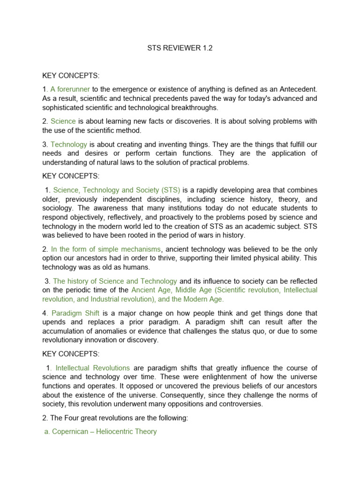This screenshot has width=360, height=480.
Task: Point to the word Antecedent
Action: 296,89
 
